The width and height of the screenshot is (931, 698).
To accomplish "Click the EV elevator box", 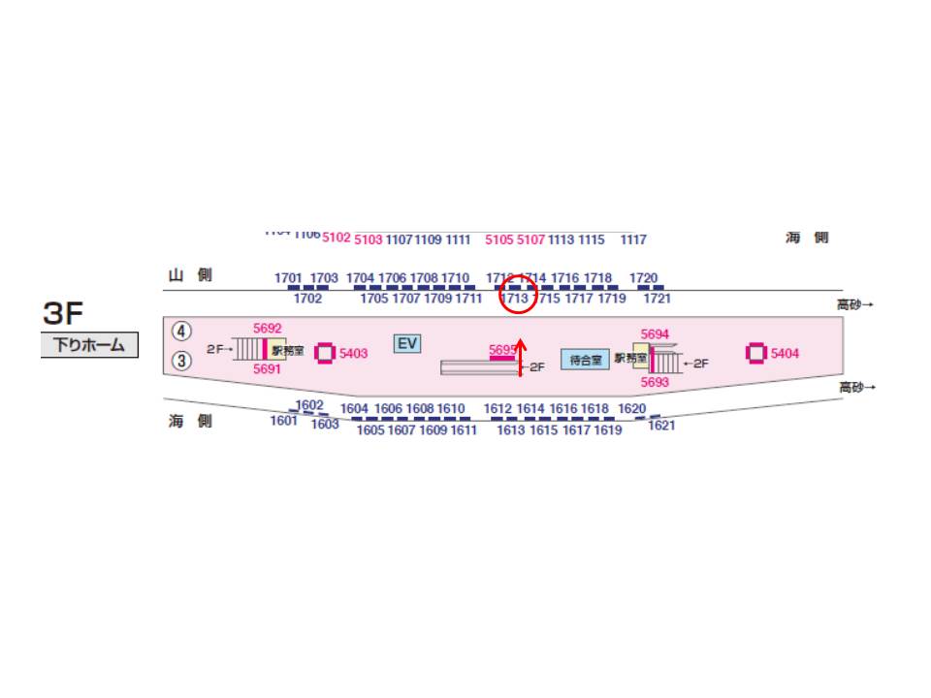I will pyautogui.click(x=407, y=343).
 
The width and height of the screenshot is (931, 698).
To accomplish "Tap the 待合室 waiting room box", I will pyautogui.click(x=585, y=360).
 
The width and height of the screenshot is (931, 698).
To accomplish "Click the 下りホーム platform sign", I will pyautogui.click(x=89, y=345).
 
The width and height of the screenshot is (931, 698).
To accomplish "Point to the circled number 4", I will pyautogui.click(x=182, y=331).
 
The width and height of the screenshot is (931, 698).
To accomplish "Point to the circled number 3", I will pyautogui.click(x=182, y=361).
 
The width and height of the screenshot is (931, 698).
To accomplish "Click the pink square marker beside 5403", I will pyautogui.click(x=325, y=353).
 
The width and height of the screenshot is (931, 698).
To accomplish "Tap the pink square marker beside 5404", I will pyautogui.click(x=756, y=353).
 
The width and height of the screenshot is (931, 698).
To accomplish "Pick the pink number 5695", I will pyautogui.click(x=502, y=349).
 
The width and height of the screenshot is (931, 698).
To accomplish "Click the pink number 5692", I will pyautogui.click(x=267, y=329).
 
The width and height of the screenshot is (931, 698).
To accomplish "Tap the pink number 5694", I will pyautogui.click(x=656, y=333).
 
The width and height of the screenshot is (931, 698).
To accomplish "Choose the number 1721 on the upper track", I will pyautogui.click(x=657, y=299).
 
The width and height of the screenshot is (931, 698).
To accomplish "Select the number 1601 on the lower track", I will pyautogui.click(x=284, y=421).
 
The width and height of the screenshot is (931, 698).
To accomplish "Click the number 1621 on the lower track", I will pyautogui.click(x=661, y=425).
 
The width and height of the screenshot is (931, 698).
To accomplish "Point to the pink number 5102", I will pyautogui.click(x=336, y=238).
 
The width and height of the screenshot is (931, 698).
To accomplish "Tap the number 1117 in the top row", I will pyautogui.click(x=633, y=239).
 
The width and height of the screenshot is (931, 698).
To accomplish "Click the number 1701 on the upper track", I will pyautogui.click(x=288, y=278).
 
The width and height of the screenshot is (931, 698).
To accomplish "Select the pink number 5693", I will pyautogui.click(x=656, y=382).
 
